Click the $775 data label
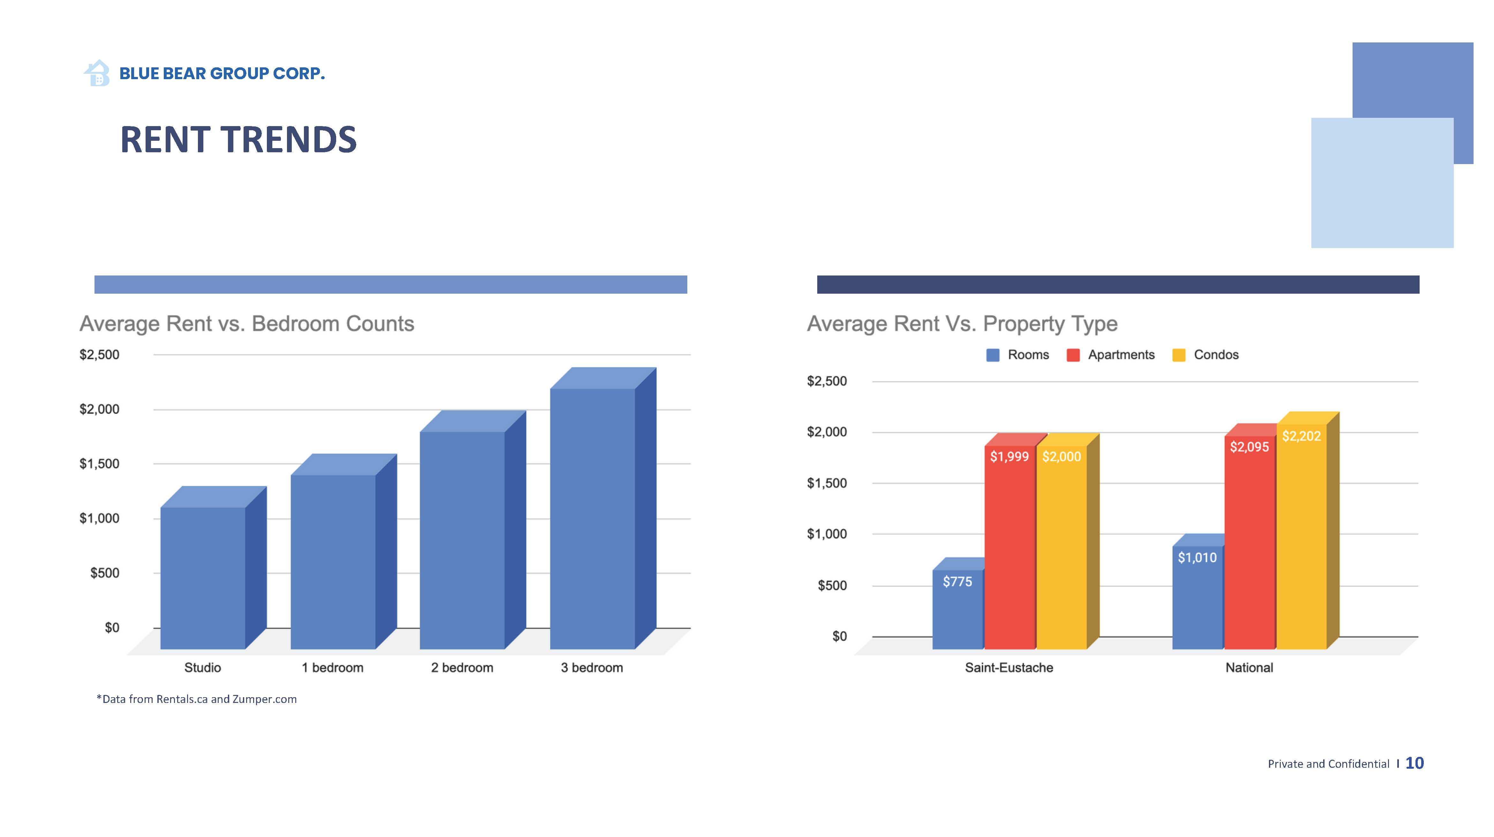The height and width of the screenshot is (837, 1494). (957, 581)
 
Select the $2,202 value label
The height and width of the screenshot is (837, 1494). (1301, 436)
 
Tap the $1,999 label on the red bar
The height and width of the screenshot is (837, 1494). (1009, 456)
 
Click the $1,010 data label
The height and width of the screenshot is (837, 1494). (1197, 557)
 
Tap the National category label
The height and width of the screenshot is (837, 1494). (1249, 667)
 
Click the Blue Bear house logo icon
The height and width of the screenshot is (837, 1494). (97, 73)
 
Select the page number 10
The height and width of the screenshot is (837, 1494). (1415, 763)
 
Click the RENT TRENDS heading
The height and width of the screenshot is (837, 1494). (238, 140)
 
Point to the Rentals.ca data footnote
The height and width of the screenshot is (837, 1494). (197, 699)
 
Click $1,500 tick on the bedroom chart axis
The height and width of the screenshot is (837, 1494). (99, 464)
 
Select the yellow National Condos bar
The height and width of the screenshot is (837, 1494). (1301, 545)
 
